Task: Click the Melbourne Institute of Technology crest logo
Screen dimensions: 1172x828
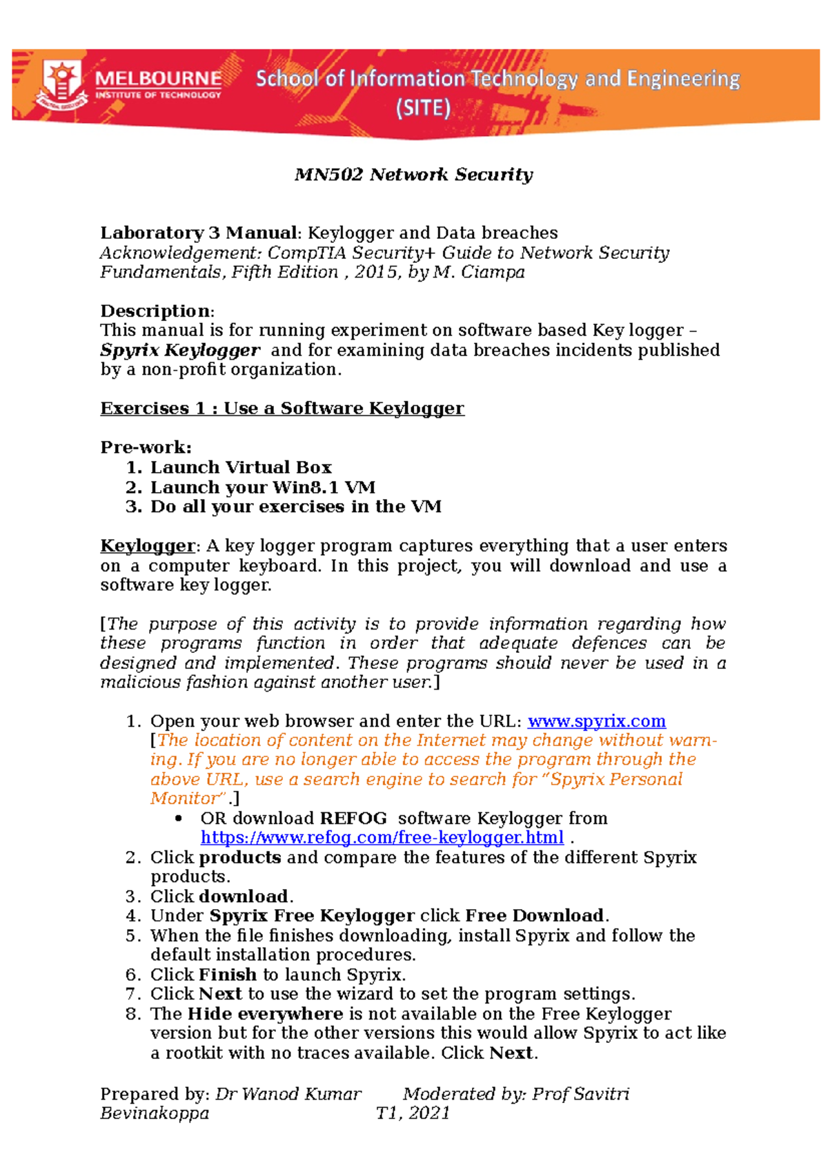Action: (62, 84)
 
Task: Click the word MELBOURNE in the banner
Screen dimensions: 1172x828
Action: (159, 78)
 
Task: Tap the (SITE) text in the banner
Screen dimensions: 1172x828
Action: (423, 108)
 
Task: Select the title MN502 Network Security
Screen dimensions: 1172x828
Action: (413, 175)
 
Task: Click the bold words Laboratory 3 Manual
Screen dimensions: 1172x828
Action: (199, 233)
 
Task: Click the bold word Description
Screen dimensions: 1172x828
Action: (155, 311)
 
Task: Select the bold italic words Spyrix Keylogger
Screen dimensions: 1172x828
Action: (180, 351)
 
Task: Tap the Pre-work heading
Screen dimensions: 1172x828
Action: (146, 447)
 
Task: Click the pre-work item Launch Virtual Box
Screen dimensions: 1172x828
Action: (241, 467)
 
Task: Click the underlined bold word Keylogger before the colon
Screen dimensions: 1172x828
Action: (148, 546)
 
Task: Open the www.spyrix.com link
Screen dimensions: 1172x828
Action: (596, 721)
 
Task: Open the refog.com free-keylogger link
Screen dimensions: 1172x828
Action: (382, 838)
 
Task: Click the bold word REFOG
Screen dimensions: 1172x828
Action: (353, 819)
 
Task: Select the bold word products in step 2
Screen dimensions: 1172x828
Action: (239, 857)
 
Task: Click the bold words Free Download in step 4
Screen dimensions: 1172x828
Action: (535, 916)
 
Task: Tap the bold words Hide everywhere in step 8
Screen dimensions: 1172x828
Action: (265, 1014)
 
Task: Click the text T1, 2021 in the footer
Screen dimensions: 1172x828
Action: (413, 1113)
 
